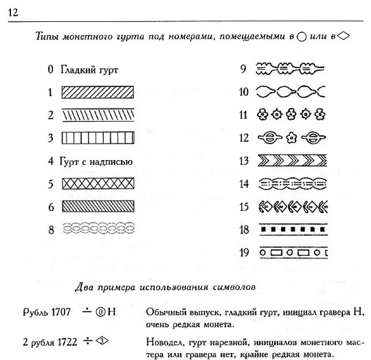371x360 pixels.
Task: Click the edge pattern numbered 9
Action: (289, 68)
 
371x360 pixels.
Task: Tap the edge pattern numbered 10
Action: (289, 91)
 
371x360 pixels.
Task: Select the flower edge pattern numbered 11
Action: (289, 115)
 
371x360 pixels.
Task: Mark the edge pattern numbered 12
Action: (289, 137)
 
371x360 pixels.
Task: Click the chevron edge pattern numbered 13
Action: (289, 161)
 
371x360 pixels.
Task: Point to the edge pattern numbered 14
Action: (289, 183)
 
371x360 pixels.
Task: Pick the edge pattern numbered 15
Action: (289, 206)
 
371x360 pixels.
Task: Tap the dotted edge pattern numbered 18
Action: (289, 229)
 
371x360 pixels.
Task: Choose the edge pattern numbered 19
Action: (289, 252)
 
